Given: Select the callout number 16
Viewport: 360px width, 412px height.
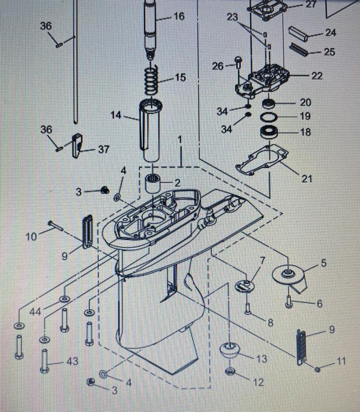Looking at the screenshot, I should (x=179, y=16).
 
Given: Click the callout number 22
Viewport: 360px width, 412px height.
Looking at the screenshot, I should (x=317, y=75).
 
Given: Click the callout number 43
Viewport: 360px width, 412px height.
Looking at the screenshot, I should (x=72, y=362).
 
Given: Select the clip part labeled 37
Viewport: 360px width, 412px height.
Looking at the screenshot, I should (x=77, y=144).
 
